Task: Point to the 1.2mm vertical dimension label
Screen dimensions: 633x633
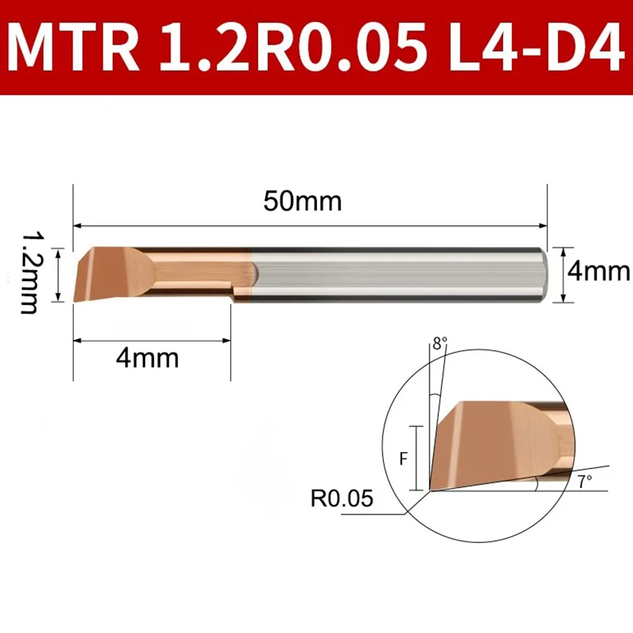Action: pos(32,273)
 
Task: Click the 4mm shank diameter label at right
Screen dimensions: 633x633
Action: pos(599,272)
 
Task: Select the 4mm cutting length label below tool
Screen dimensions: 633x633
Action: pos(147,358)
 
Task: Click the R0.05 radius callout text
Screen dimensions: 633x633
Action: pos(342,500)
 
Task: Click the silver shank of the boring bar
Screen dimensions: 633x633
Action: pos(392,273)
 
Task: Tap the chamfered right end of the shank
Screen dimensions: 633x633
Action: pos(543,273)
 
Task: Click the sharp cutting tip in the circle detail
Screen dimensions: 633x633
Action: pos(430,490)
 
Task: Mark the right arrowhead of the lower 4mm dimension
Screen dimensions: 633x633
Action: pos(228,341)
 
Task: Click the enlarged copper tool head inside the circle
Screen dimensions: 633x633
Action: pos(487,443)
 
